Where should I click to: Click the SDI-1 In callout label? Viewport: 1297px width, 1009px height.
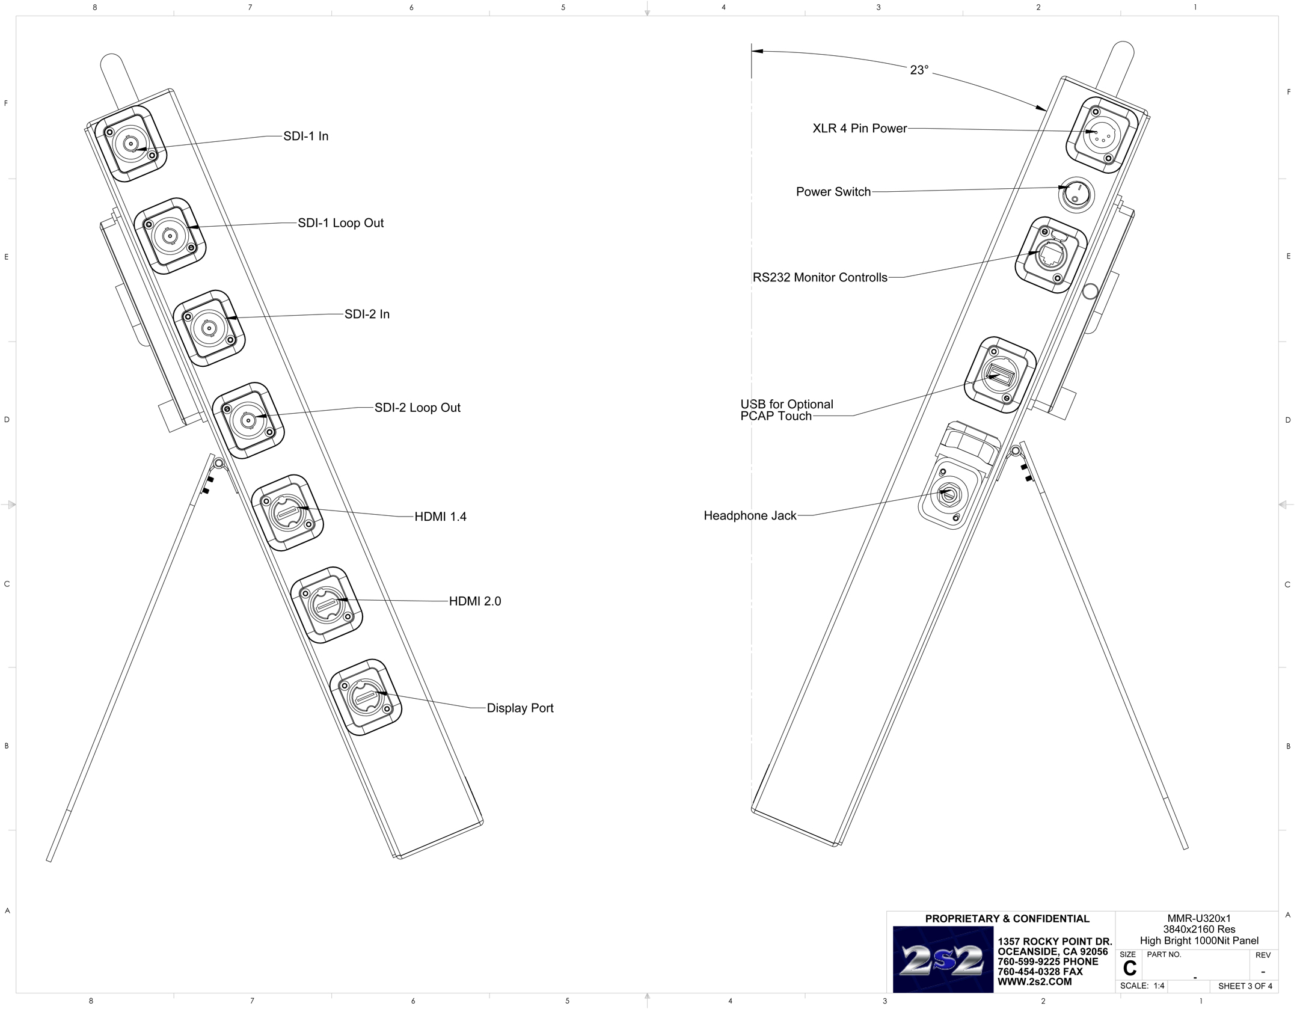coord(305,136)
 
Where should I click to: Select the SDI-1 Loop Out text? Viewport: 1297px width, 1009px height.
coord(340,223)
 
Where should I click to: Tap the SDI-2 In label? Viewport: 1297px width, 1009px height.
coord(367,314)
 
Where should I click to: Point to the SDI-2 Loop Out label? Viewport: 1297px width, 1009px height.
coord(417,408)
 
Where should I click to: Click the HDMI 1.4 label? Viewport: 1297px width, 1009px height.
coord(440,517)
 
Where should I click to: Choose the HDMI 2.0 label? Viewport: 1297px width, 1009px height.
coord(475,601)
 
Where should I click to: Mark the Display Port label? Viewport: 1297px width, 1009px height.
coord(520,708)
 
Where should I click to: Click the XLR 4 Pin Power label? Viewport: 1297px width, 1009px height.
coord(859,128)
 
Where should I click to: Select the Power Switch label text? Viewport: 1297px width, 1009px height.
coord(833,192)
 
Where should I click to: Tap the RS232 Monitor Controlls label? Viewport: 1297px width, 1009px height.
coord(820,278)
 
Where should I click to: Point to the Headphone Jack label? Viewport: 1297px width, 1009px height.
coord(750,515)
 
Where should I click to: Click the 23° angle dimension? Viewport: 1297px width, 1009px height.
coord(919,70)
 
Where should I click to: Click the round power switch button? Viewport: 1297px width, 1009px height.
coord(1076,194)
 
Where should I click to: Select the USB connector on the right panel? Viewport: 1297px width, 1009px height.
coord(1000,376)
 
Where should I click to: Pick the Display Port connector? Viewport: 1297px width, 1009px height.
coord(366,698)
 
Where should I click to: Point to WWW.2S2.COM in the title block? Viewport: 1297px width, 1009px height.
coord(1034,982)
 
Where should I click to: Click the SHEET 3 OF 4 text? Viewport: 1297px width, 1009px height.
coord(1245,986)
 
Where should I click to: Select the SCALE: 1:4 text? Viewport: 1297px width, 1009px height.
coord(1142,986)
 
